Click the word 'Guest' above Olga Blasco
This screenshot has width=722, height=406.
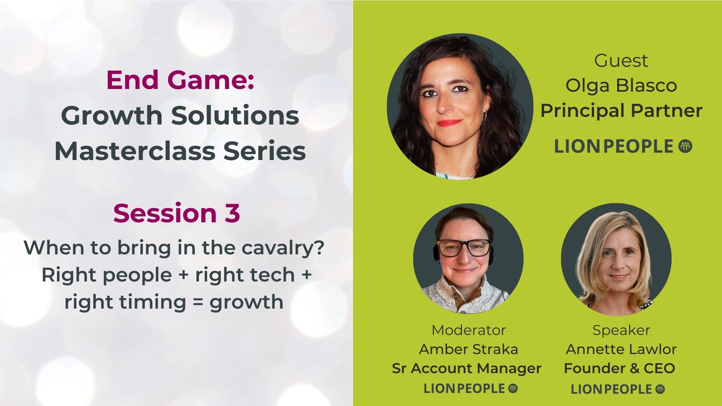point(621,61)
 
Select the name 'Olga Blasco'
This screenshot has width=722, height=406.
point(621,86)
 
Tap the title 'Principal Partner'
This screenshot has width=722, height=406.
point(621,111)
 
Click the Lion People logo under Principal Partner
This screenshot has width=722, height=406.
point(623,146)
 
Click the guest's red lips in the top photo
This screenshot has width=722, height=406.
point(450,123)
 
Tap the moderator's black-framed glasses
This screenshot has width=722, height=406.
point(465,248)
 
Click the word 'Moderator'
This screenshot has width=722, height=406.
point(469,330)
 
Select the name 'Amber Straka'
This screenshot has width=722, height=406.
point(468,349)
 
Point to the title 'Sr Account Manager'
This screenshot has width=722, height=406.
point(466,368)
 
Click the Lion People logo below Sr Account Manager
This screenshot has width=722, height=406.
point(471,388)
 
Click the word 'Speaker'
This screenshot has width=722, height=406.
point(621,330)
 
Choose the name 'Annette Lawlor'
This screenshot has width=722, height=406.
point(621,349)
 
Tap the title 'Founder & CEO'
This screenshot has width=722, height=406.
point(619,368)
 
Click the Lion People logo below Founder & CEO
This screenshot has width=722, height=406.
point(618,389)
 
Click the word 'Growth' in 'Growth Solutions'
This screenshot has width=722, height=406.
point(112,115)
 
